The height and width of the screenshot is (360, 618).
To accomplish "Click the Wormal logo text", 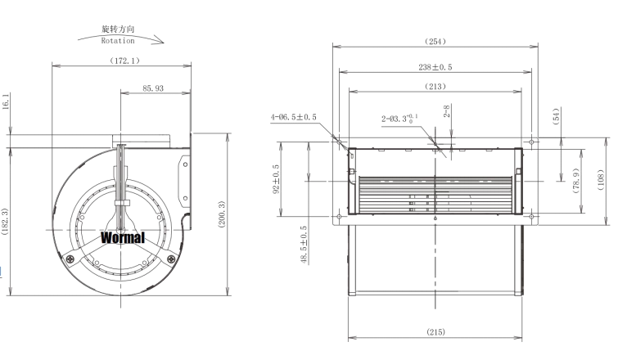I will click(123, 238).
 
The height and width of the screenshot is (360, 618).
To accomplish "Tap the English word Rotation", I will click(118, 40).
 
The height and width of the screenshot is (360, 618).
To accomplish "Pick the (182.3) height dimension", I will click(7, 222).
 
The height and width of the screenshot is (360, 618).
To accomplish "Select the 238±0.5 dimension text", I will click(435, 68).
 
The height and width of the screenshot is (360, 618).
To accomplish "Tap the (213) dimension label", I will click(435, 86).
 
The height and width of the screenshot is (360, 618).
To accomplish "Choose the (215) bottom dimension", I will click(435, 333).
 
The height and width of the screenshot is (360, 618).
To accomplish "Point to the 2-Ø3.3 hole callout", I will click(401, 118).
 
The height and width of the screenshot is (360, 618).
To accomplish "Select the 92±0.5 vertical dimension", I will click(277, 178).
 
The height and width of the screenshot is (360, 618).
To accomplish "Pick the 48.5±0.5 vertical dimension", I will click(304, 246).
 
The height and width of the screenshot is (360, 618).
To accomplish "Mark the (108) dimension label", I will click(602, 178).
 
